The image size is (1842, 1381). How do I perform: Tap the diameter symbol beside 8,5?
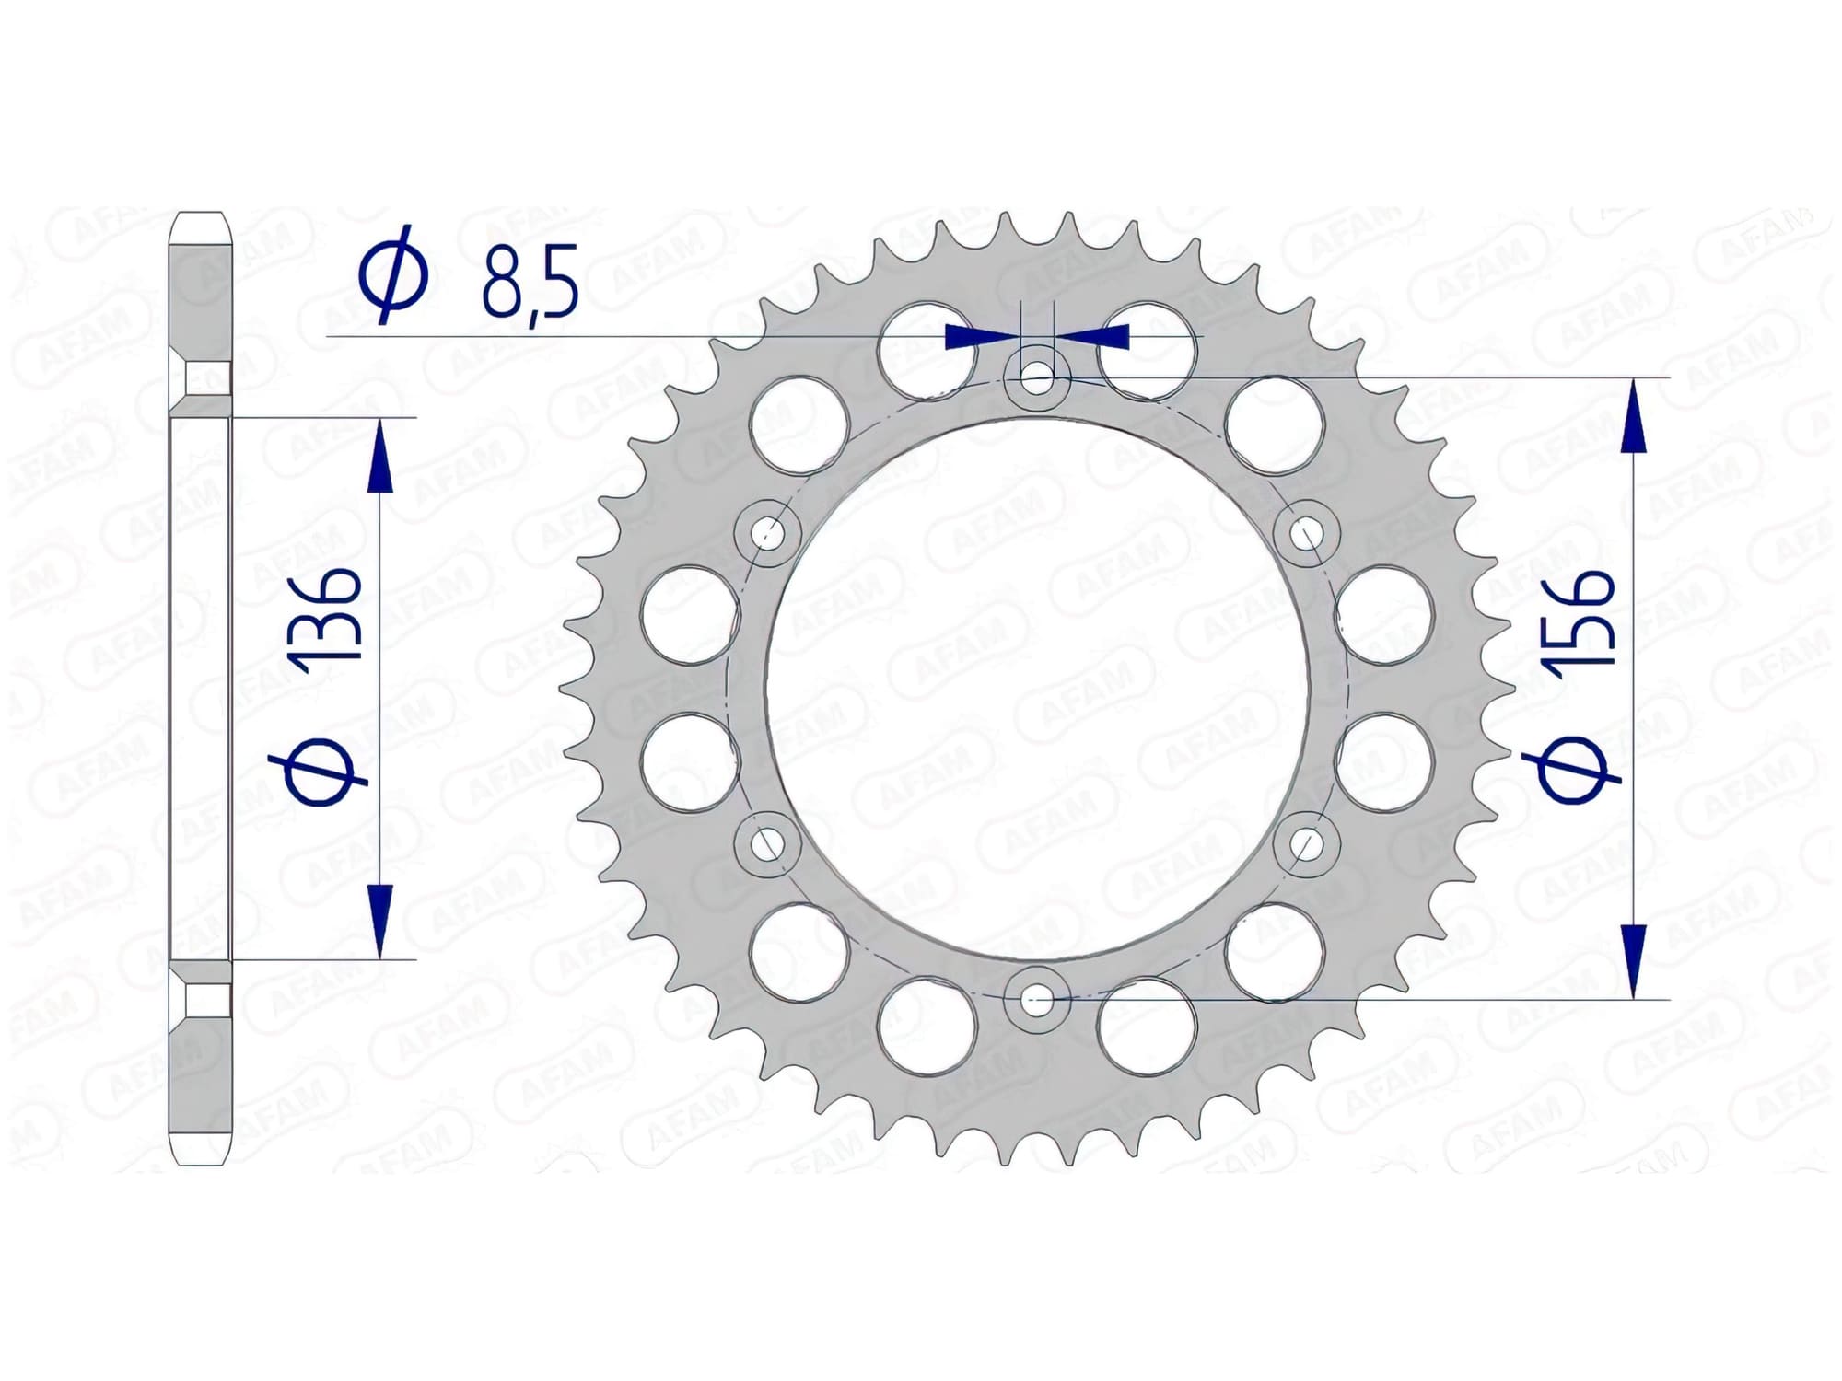pyautogui.click(x=394, y=273)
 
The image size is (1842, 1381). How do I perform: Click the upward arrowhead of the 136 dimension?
pyautogui.click(x=379, y=460)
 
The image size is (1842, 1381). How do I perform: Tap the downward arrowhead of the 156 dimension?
pyautogui.click(x=1633, y=957)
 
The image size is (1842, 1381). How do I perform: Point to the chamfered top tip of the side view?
pyautogui.click(x=199, y=221)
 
